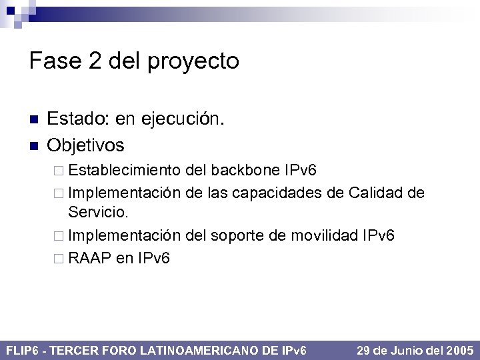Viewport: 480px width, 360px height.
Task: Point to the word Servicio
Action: (98, 213)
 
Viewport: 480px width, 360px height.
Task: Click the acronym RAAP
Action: (89, 257)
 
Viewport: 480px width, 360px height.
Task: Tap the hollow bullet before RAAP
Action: (58, 258)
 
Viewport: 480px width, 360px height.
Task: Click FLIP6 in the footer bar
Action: (23, 350)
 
